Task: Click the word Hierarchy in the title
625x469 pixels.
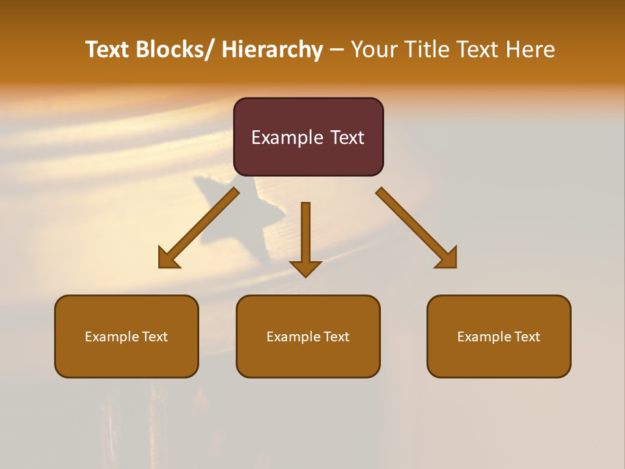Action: (x=272, y=50)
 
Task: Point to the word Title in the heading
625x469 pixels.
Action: (x=427, y=50)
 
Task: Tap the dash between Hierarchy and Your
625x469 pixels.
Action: (x=337, y=50)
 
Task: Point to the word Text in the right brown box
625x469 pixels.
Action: (x=527, y=337)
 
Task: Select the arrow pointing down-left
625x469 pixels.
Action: (x=198, y=229)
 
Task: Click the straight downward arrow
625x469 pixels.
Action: (x=305, y=234)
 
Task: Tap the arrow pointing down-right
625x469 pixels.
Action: (x=417, y=228)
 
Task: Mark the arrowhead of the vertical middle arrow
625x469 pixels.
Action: (x=305, y=268)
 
